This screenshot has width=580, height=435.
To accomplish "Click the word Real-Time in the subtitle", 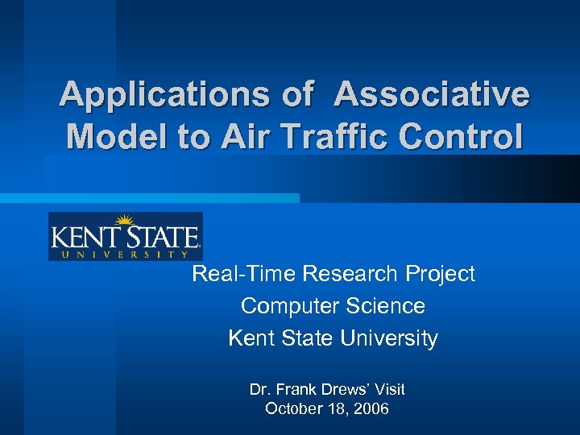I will (244, 274).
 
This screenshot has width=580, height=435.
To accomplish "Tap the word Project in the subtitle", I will (441, 275).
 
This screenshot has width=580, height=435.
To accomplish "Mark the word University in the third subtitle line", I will (389, 338).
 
